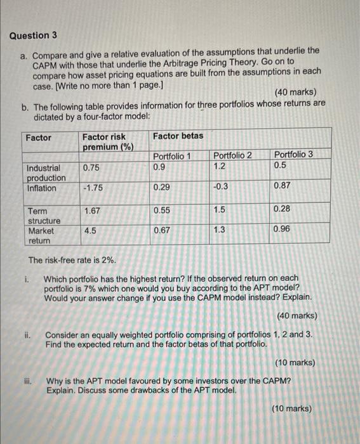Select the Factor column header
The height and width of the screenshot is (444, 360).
point(39,137)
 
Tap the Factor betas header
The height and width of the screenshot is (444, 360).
point(178,136)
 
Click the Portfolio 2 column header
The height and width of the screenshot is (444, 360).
point(232,155)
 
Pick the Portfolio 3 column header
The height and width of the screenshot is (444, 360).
point(293,155)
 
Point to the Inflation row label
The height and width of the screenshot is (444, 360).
point(41,188)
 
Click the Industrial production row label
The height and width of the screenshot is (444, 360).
point(44,173)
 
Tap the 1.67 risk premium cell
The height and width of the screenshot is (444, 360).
point(91,210)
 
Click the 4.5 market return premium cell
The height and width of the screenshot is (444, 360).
point(90,232)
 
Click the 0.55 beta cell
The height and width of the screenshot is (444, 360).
point(162,210)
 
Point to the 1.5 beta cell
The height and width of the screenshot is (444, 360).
point(219,210)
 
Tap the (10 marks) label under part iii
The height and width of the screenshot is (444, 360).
point(291,408)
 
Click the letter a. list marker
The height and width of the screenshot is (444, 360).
point(24,56)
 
